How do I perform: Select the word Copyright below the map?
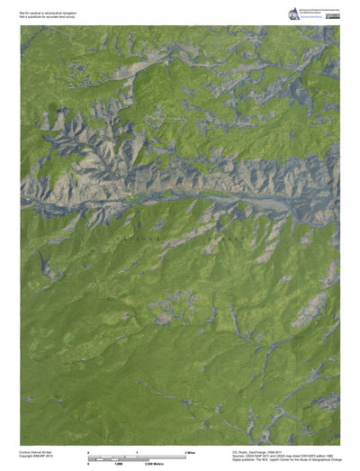[x=29, y=456]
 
